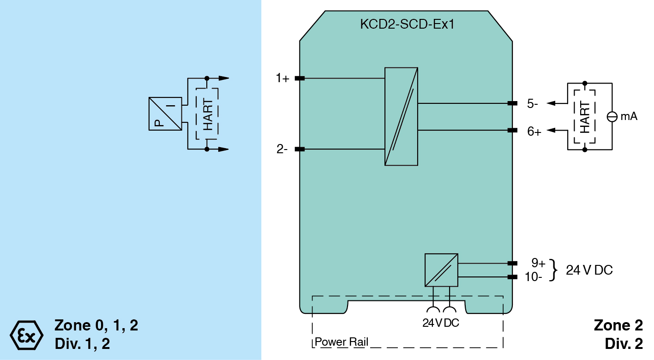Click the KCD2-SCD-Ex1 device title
click(407, 24)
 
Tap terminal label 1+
click(282, 78)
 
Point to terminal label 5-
click(533, 103)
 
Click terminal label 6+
click(534, 132)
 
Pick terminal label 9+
click(538, 263)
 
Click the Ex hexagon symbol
click(26, 334)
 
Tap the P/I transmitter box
click(165, 114)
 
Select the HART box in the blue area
click(207, 114)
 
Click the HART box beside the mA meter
click(585, 116)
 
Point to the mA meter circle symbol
click(612, 116)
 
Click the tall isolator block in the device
click(401, 116)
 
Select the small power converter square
click(441, 270)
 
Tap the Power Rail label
click(342, 342)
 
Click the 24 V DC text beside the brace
click(589, 270)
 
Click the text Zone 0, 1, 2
click(96, 325)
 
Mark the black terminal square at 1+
click(300, 78)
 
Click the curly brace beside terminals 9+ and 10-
click(554, 270)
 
